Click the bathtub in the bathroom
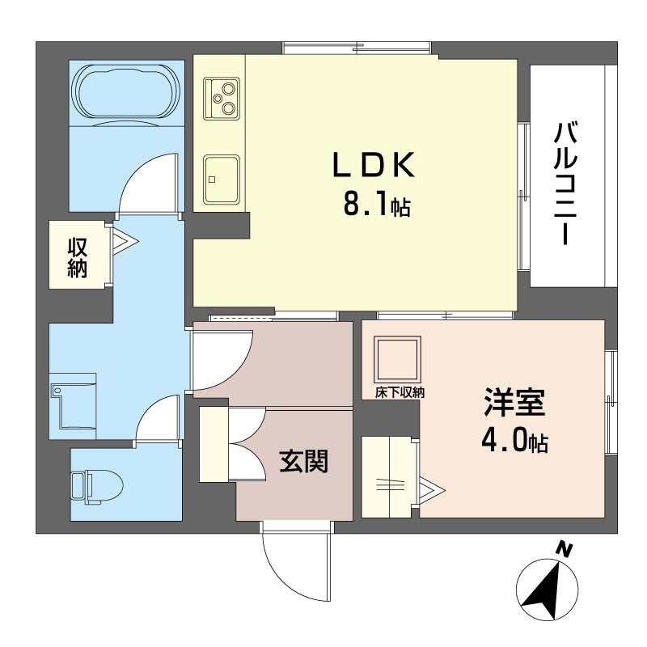click(x=126, y=94)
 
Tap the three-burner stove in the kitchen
click(x=222, y=99)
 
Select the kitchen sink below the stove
click(x=222, y=180)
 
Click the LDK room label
click(x=374, y=165)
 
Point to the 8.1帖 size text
click(x=377, y=205)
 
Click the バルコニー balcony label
click(x=565, y=184)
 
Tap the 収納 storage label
click(x=78, y=258)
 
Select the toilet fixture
click(x=97, y=487)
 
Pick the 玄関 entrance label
click(x=304, y=461)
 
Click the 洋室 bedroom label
click(x=514, y=402)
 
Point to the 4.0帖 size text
click(x=514, y=441)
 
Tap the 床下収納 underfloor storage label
click(x=400, y=392)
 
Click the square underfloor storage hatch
click(x=397, y=359)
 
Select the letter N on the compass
click(x=564, y=549)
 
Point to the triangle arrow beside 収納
click(x=125, y=240)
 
